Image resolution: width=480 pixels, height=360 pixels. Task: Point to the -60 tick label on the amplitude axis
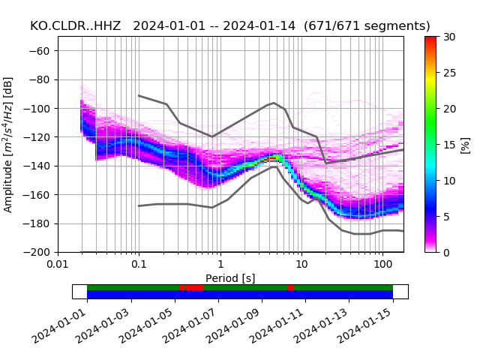pos(43,51)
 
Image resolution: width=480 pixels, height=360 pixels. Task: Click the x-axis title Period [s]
pos(230,278)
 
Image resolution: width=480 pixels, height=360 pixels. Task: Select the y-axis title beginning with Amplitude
pos(8,144)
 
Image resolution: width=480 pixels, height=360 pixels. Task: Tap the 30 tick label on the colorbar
pos(449,37)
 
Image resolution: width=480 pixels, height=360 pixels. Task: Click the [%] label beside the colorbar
pos(466,144)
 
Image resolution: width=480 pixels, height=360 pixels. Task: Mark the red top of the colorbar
pos(430,39)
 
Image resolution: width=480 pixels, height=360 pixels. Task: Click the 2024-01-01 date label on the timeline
pos(59,326)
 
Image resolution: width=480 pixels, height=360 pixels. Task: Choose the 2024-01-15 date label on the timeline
pos(365,326)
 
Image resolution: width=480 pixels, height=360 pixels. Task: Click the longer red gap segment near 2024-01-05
pos(193,287)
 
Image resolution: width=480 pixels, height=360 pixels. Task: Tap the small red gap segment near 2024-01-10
pos(290,287)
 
